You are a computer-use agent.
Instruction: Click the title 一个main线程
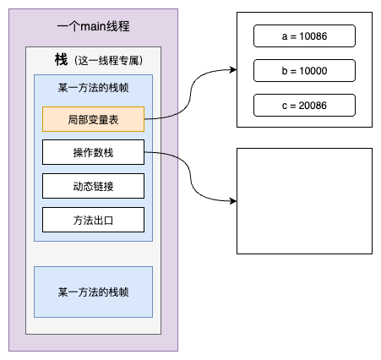click(x=93, y=27)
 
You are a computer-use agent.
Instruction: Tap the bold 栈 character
click(x=60, y=60)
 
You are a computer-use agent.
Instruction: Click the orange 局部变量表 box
click(x=93, y=119)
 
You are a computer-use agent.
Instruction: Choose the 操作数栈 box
click(x=93, y=153)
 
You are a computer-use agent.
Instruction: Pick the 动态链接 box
click(x=93, y=186)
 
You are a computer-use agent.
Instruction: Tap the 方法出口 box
click(x=93, y=220)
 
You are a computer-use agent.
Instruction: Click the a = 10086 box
click(x=303, y=36)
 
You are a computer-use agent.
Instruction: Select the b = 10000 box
click(x=303, y=70)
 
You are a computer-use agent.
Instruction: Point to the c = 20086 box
click(x=303, y=105)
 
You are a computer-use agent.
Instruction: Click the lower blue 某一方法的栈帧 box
click(x=93, y=292)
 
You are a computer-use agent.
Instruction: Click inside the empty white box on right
click(x=304, y=201)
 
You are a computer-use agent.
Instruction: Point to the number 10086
click(x=313, y=36)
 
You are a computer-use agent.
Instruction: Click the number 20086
click(x=313, y=105)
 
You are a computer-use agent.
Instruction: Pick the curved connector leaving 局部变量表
click(x=189, y=93)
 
